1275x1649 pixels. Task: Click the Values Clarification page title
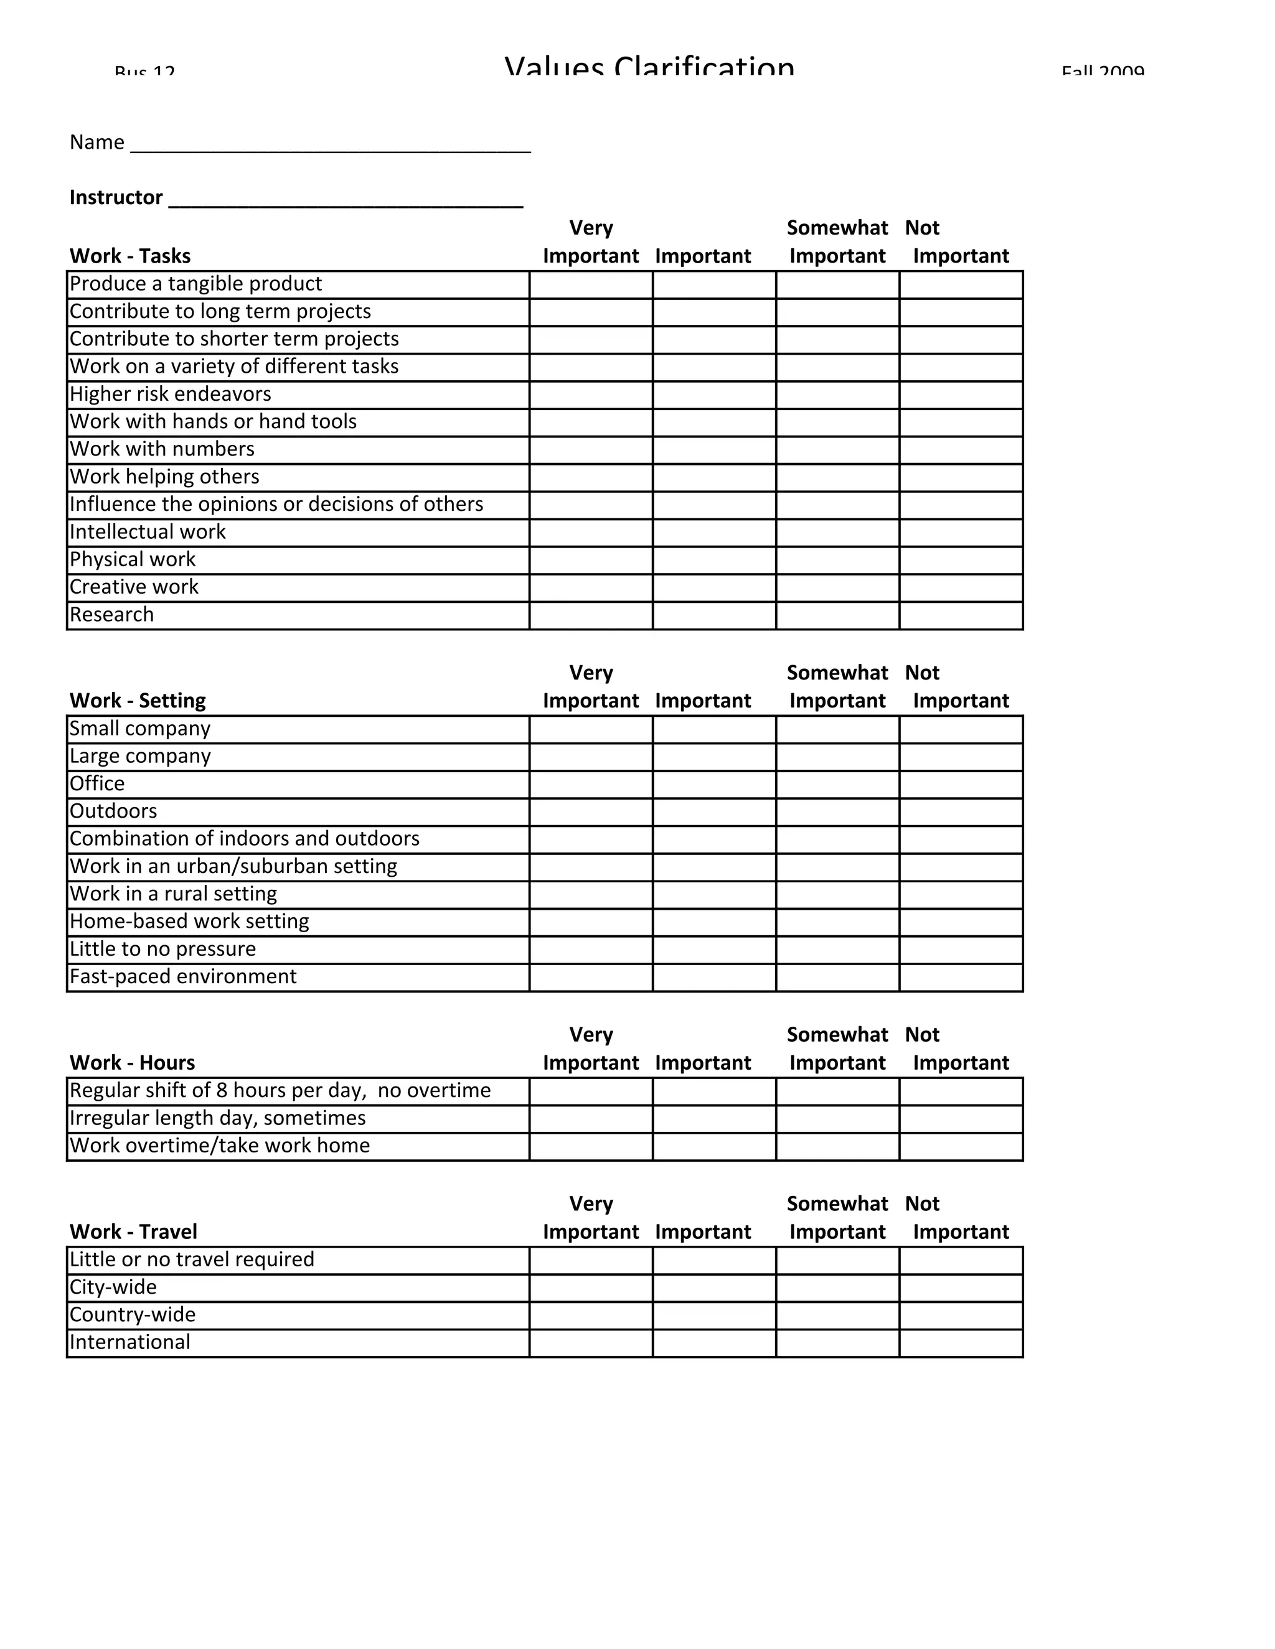tap(649, 67)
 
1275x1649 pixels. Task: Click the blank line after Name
tap(331, 144)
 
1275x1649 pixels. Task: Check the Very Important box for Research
tap(591, 615)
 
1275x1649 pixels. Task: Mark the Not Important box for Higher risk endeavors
tap(961, 395)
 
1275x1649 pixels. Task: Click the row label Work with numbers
tap(162, 449)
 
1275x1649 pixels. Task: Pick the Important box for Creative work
tap(714, 587)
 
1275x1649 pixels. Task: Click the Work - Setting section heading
tap(138, 701)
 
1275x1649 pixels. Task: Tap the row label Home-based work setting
tap(190, 922)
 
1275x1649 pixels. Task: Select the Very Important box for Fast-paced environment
tap(591, 977)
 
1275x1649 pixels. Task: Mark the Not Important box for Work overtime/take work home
tap(961, 1146)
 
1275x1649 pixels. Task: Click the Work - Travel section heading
tap(133, 1232)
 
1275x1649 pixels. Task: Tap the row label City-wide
tap(113, 1287)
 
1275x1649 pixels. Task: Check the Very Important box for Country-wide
tap(591, 1315)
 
